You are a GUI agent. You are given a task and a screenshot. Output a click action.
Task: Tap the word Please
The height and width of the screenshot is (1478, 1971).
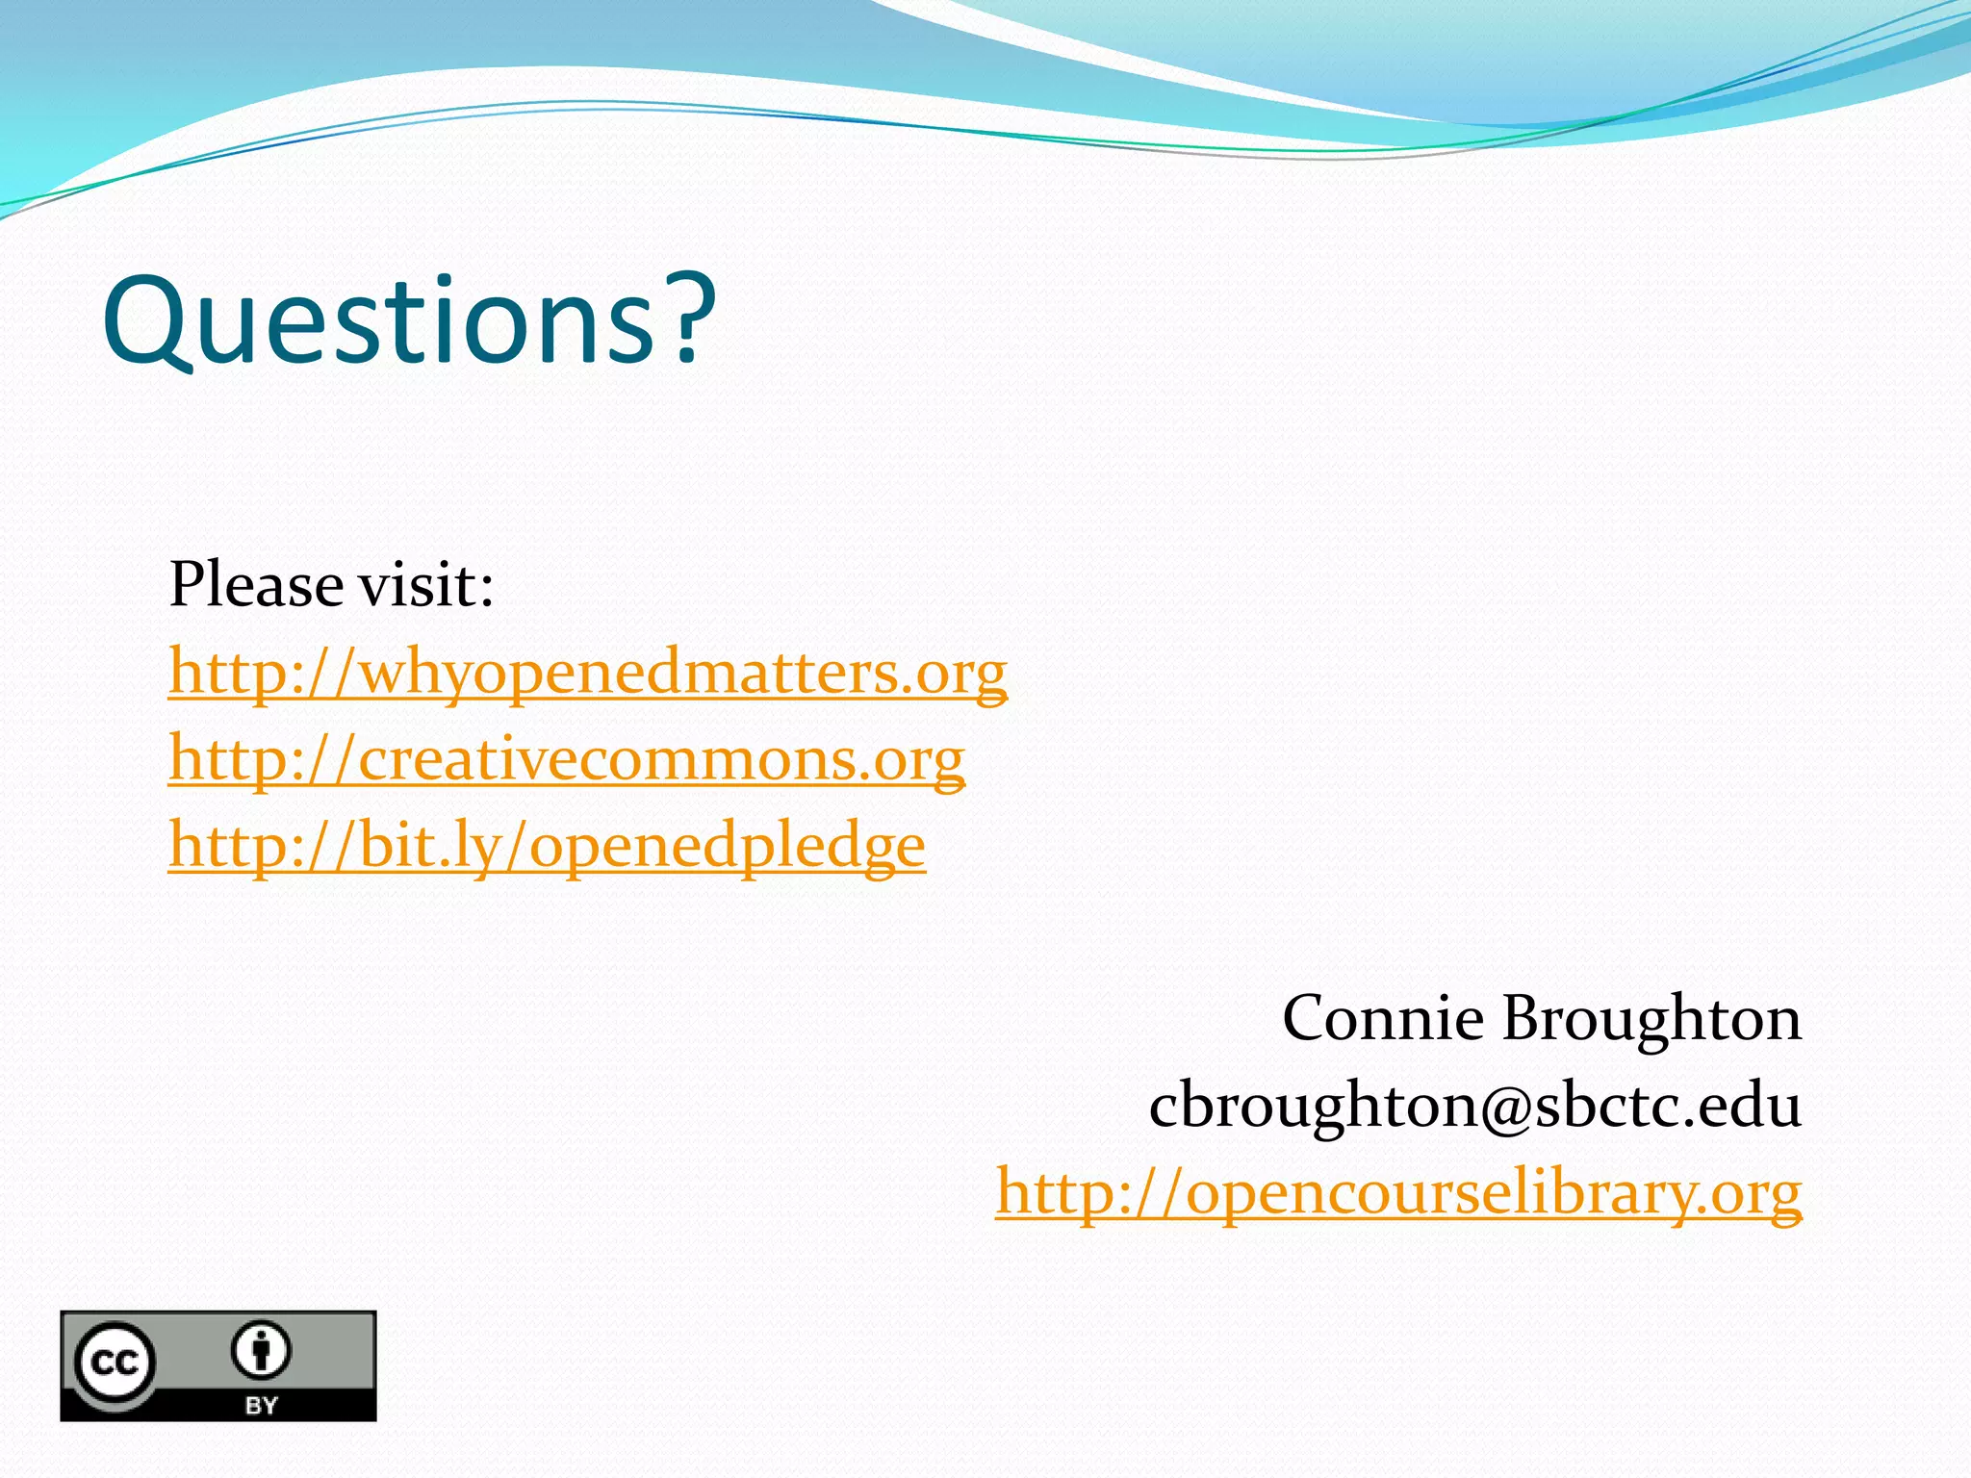click(256, 584)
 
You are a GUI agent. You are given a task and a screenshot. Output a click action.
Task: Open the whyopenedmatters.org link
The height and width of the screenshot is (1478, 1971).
click(587, 672)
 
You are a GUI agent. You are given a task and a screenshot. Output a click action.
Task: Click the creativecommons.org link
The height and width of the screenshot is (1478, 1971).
click(566, 759)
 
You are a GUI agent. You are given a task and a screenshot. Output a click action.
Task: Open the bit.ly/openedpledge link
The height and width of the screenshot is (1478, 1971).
click(547, 846)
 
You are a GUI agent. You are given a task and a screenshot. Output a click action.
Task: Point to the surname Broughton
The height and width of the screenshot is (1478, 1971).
click(1651, 1018)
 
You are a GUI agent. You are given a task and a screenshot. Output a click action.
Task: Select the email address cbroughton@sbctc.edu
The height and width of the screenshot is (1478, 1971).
click(1474, 1106)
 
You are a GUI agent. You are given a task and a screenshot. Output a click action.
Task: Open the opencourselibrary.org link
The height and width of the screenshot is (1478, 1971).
click(1398, 1193)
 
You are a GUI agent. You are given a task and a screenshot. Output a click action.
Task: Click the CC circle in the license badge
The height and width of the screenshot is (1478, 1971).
click(115, 1362)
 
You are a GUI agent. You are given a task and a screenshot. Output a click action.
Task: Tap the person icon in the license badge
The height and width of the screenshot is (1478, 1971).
click(261, 1350)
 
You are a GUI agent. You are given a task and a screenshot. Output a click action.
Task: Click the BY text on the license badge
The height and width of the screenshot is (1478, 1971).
click(261, 1405)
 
